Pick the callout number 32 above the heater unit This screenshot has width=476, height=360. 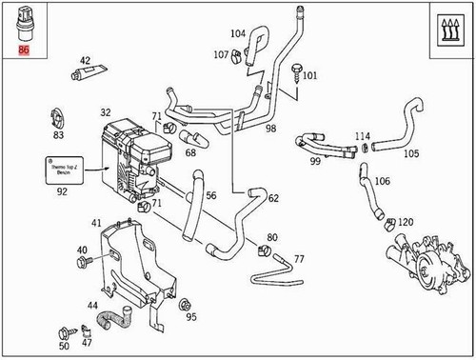coord(106,112)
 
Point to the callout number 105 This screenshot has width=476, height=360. coord(410,153)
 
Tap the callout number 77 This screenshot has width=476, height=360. coord(298,258)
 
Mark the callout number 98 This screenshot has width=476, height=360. coord(270,128)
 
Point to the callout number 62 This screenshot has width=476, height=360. coord(273,199)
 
